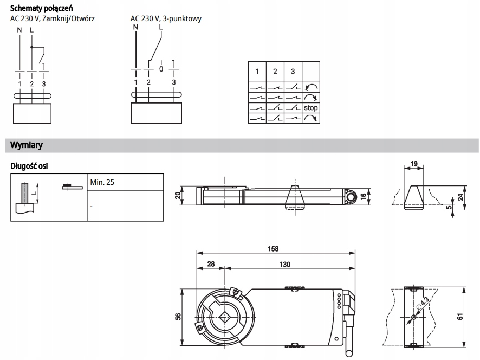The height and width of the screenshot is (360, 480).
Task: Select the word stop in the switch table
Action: [311, 108]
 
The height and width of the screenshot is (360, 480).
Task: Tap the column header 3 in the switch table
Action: [293, 72]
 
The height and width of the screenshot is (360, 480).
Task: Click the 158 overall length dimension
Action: [273, 248]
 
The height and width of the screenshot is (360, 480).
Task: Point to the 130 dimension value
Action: [285, 264]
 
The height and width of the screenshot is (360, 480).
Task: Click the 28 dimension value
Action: [211, 264]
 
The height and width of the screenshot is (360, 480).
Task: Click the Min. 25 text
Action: [102, 183]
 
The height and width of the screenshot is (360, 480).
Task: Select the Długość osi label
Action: [29, 166]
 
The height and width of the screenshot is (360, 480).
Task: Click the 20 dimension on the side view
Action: [177, 196]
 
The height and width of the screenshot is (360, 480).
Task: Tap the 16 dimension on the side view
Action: [364, 196]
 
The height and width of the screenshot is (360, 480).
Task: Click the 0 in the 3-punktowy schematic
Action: [161, 69]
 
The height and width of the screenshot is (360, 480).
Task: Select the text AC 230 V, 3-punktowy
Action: [166, 18]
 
